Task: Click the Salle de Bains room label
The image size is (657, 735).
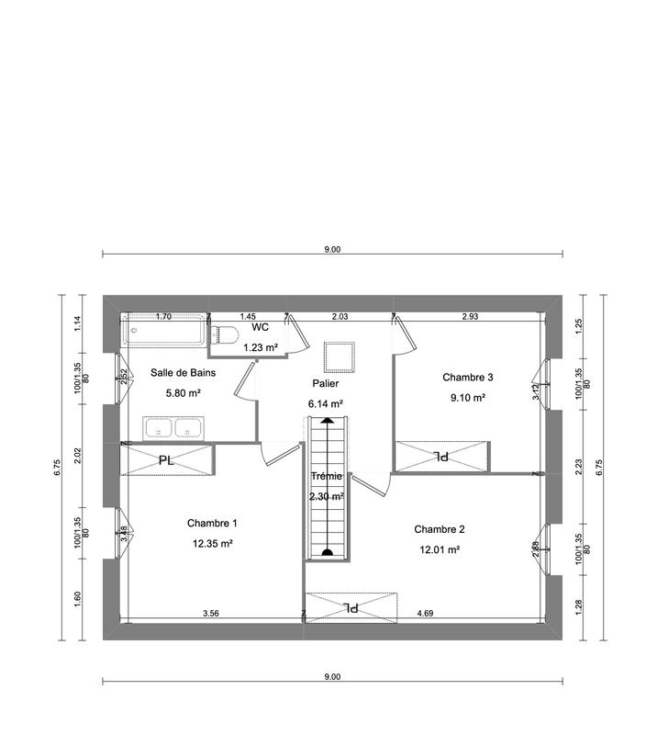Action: click(183, 373)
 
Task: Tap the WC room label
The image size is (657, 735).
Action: click(260, 327)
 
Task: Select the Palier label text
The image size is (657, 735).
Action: click(325, 383)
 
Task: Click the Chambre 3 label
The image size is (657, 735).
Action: click(468, 377)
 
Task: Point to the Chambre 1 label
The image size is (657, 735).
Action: click(212, 523)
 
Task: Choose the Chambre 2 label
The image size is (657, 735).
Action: click(440, 529)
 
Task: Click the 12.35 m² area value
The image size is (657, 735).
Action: click(212, 543)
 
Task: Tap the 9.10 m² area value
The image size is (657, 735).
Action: click(467, 398)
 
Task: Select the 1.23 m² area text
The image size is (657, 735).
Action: click(260, 348)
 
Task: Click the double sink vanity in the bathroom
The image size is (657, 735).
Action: click(173, 428)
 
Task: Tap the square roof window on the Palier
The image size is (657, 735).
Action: click(338, 356)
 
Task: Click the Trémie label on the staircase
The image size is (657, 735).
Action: click(326, 476)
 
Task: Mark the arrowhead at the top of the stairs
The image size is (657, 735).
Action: click(327, 422)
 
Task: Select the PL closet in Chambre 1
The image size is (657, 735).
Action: click(167, 459)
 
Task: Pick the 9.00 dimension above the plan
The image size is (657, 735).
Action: click(332, 249)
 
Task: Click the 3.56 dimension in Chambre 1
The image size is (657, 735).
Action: click(211, 612)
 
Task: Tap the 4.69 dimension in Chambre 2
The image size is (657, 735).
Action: click(426, 612)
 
